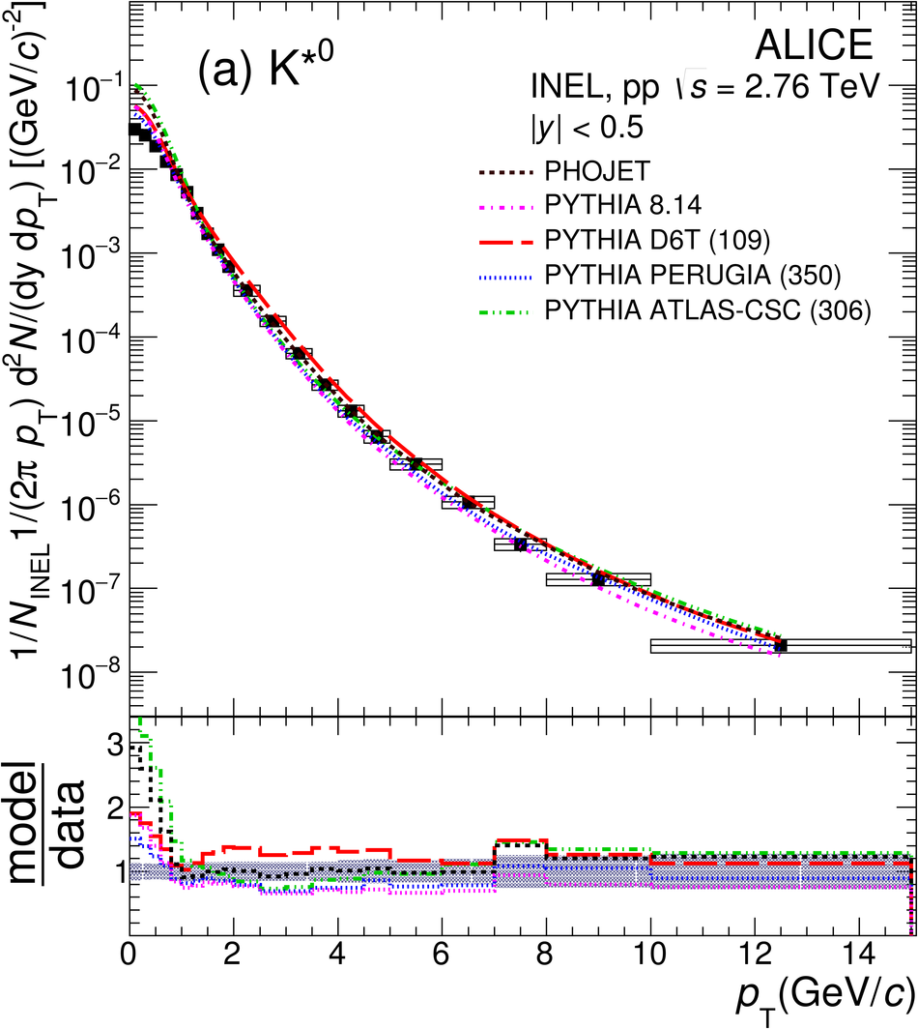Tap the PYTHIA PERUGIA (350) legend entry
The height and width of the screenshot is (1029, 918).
pyautogui.click(x=693, y=276)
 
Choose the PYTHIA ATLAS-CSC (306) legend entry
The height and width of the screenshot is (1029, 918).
pyautogui.click(x=707, y=309)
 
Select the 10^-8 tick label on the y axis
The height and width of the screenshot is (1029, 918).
pyautogui.click(x=87, y=673)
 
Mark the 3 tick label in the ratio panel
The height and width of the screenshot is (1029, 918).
pyautogui.click(x=113, y=746)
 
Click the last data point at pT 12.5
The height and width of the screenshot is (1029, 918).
pyautogui.click(x=781, y=645)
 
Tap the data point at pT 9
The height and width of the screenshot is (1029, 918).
pyautogui.click(x=598, y=579)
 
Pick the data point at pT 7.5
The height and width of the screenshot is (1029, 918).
pyautogui.click(x=520, y=544)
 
